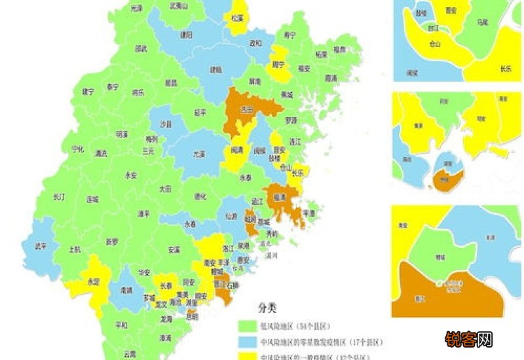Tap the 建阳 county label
coord(187,35)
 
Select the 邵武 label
coord(141,49)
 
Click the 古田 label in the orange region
coord(246,110)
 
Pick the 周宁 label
coord(279,65)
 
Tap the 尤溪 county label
coord(199,155)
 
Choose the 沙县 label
coord(166,124)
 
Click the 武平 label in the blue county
coord(39,245)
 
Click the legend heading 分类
coord(267,308)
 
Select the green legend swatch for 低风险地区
coord(248,325)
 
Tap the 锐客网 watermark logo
coord(469,339)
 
